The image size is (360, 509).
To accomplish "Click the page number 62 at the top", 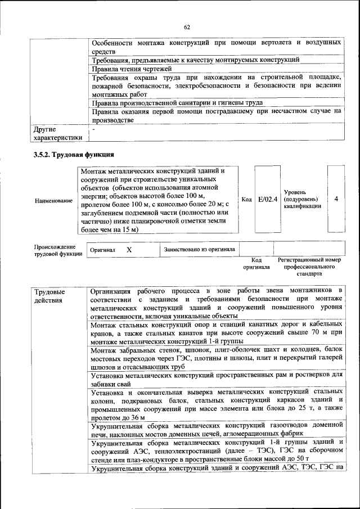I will coord(187,26).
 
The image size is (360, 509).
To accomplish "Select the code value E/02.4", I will coord(268,199).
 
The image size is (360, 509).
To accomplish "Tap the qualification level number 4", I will coord(336,199).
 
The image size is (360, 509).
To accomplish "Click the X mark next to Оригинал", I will coord(129,249).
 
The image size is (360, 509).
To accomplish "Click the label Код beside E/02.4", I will coord(246,200).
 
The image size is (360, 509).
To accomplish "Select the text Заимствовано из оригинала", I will coord(200,249).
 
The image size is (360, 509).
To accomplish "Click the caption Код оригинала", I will coord(256,264).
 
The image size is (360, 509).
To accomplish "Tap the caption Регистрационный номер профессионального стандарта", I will coord(309,267).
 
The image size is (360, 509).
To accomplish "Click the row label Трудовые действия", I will coord(49,296).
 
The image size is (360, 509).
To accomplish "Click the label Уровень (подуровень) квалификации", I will coord(303,199).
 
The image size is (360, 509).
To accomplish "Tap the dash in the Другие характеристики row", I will coord(93,129).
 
